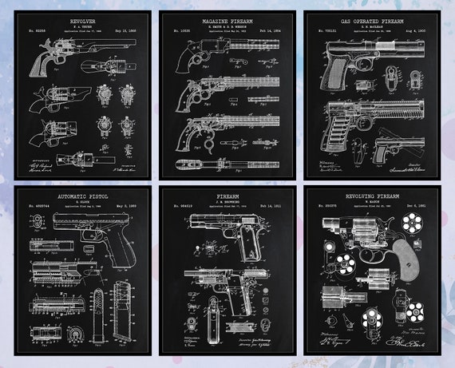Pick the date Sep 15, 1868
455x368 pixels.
pos(129,30)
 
